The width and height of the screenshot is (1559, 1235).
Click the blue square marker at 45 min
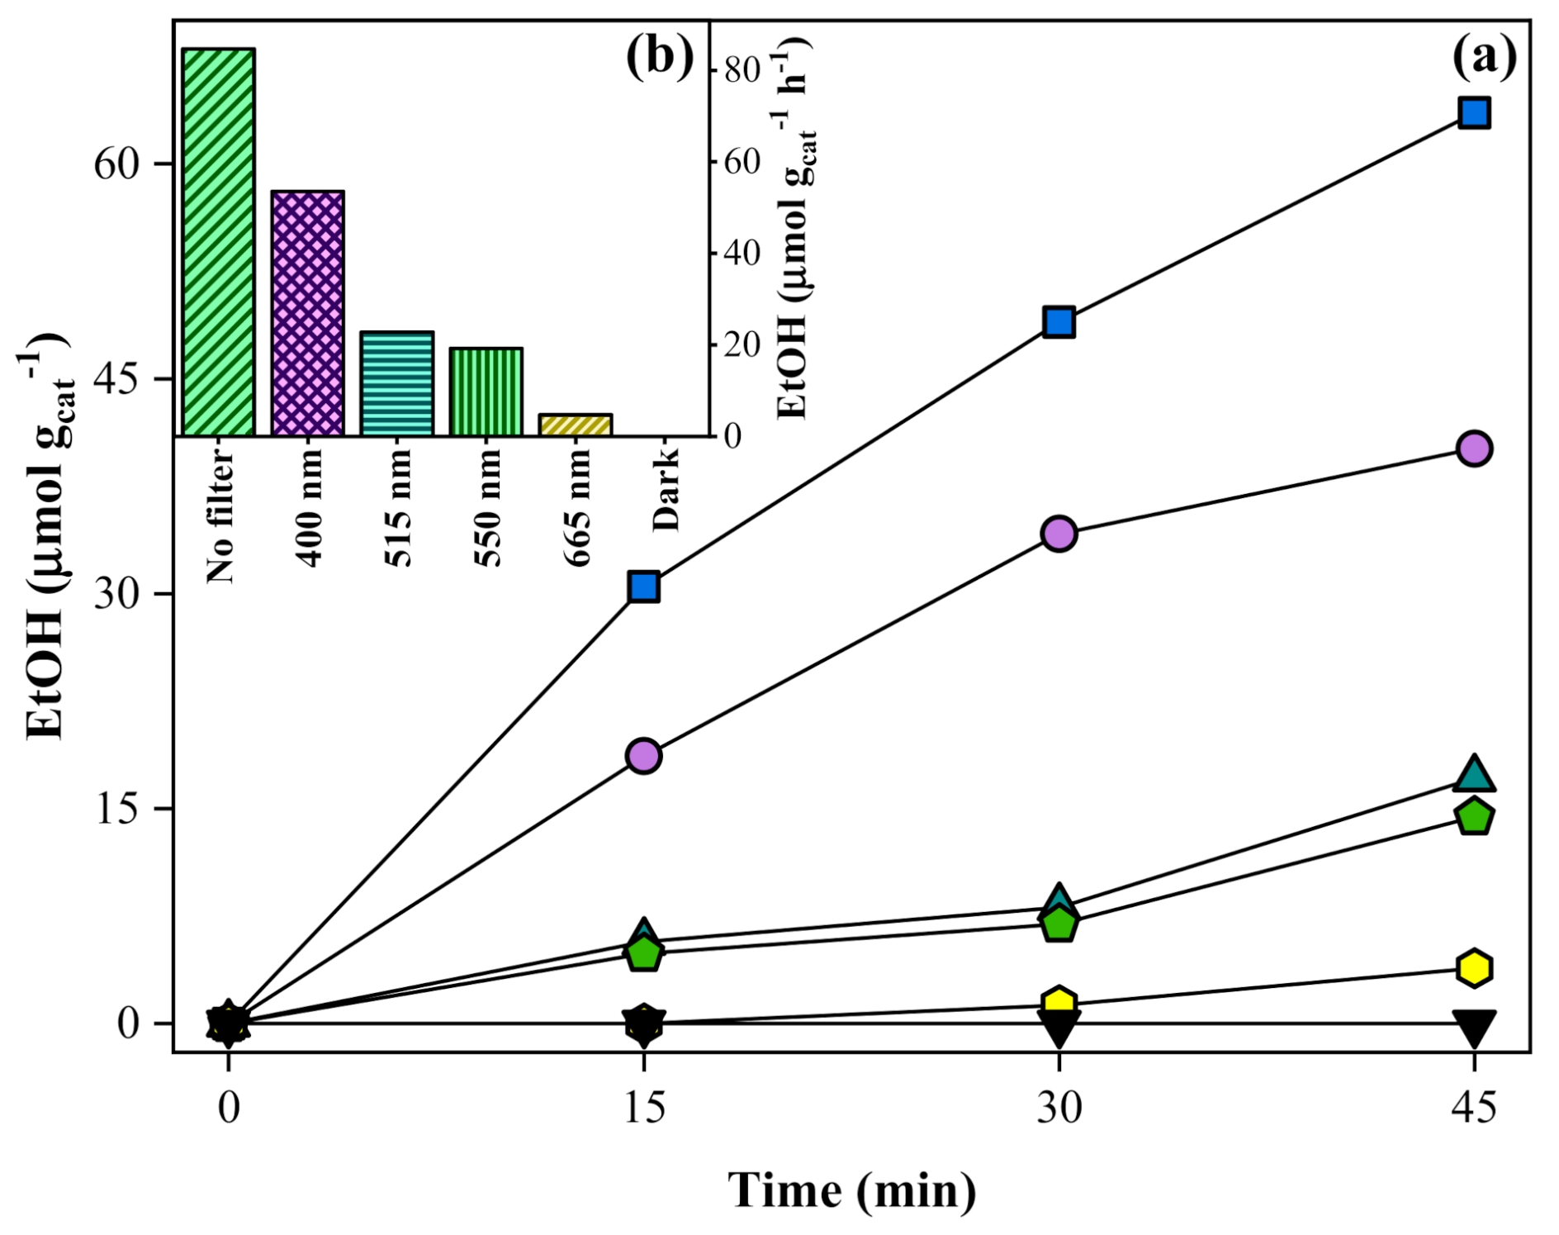tap(1474, 112)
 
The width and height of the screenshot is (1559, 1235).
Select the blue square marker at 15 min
tap(643, 587)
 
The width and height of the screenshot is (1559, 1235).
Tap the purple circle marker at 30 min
tap(1059, 534)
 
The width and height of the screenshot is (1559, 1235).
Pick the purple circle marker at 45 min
tap(1474, 449)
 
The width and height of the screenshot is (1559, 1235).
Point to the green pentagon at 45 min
tap(1474, 817)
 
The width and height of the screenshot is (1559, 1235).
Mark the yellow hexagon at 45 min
tap(1474, 967)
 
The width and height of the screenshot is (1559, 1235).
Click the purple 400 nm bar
tap(307, 313)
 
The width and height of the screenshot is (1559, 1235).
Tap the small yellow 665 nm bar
tap(575, 425)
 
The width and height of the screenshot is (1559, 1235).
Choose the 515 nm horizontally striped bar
tap(396, 383)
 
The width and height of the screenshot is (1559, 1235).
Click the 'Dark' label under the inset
tap(665, 489)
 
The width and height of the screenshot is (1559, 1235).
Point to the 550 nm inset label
tap(487, 506)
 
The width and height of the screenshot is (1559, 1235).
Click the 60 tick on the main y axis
tap(115, 164)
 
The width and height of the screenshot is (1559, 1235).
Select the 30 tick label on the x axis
tap(1059, 1108)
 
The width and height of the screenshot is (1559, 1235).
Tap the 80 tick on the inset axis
tap(741, 70)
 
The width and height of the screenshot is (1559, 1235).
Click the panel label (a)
tap(1484, 58)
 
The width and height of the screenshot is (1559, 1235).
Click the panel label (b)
tap(659, 58)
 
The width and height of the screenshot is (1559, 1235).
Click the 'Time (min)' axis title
tap(851, 1191)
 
